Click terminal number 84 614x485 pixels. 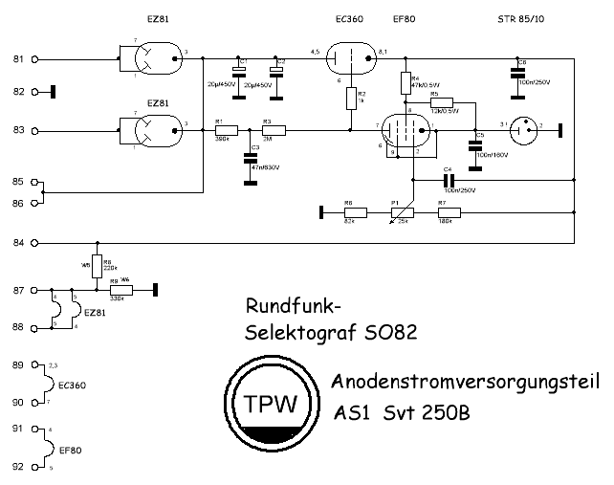click(x=17, y=243)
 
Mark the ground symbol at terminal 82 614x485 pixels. click(x=50, y=92)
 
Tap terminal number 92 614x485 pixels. click(x=17, y=467)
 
